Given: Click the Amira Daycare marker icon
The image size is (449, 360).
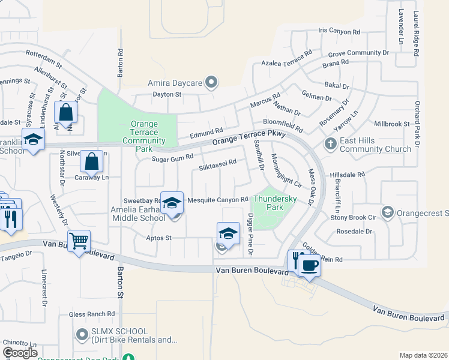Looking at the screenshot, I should click(211, 82).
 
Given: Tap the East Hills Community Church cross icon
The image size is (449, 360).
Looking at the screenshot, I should click(330, 144).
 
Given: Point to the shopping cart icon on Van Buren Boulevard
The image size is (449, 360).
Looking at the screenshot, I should click(79, 241).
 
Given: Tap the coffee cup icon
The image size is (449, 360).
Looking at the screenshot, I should click(309, 264).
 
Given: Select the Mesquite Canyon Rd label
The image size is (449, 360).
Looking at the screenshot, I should click(218, 200).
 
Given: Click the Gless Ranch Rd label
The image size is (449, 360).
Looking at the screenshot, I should click(91, 314).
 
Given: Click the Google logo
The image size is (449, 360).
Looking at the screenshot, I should click(20, 352).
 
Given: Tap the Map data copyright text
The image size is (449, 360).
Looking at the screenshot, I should click(423, 355).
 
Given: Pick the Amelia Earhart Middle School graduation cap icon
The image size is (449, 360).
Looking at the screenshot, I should click(172, 203).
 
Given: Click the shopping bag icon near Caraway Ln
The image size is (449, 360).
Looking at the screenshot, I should click(91, 161).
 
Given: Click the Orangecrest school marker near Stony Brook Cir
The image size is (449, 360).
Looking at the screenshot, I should click(388, 212).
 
